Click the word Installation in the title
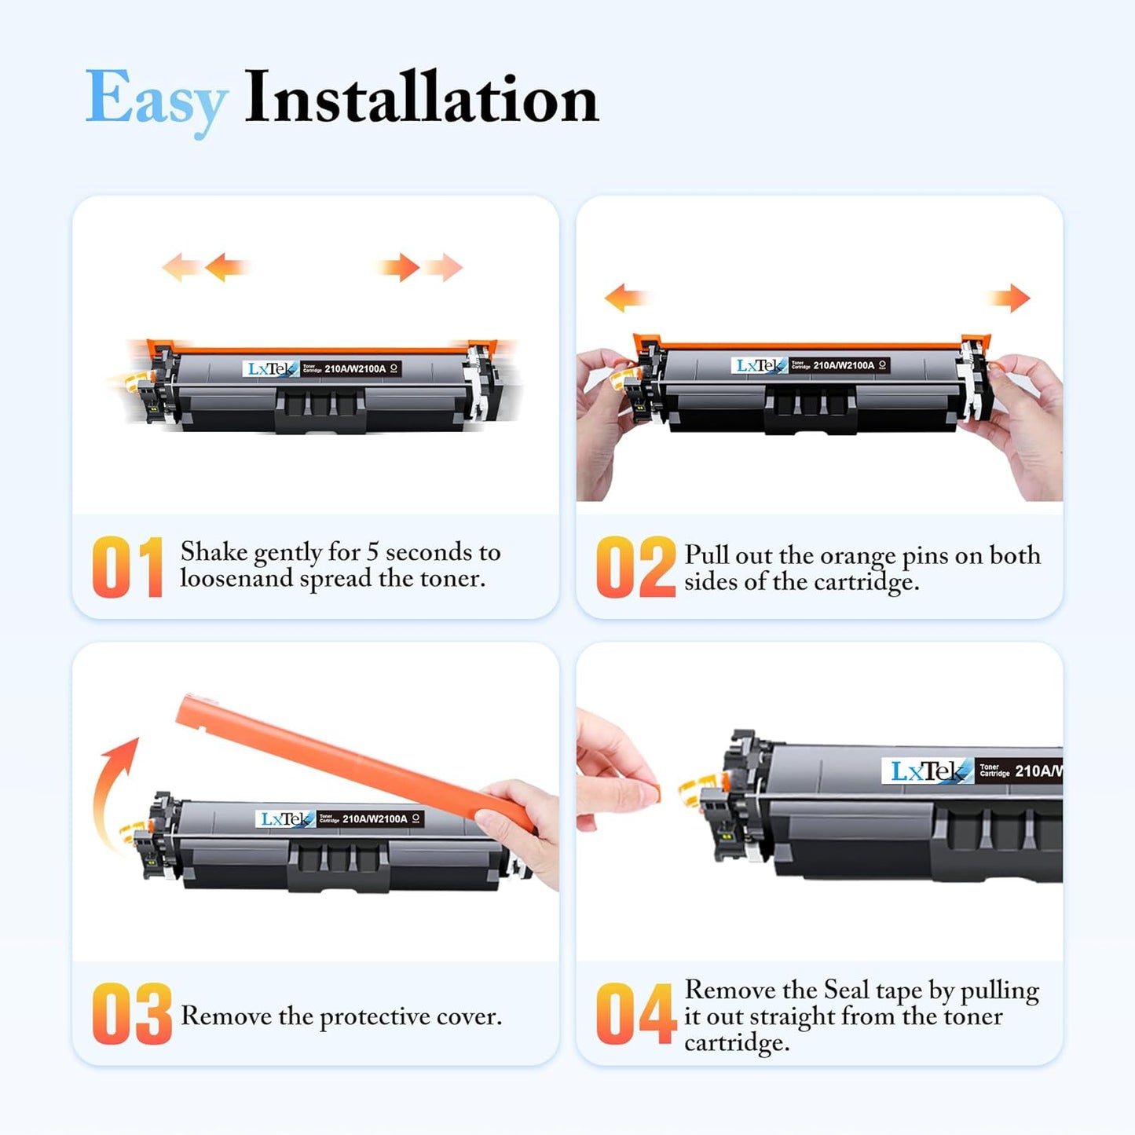click(421, 98)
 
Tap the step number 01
click(127, 567)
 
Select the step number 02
click(635, 567)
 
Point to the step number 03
click(131, 1014)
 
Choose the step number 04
click(635, 1014)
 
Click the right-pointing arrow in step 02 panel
click(1010, 298)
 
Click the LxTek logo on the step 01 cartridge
click(270, 368)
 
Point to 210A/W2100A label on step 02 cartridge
click(843, 365)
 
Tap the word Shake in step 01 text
click(214, 552)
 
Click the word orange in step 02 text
click(858, 556)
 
